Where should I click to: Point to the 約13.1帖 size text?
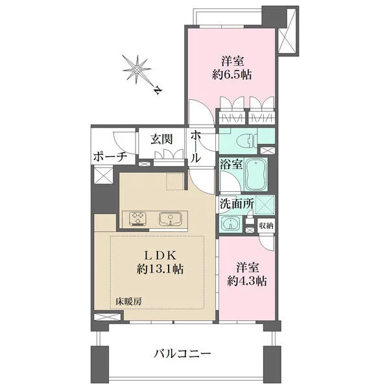click(158, 268)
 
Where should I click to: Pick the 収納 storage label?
click(266, 225)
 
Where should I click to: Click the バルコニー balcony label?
click(182, 354)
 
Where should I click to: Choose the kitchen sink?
click(171, 218)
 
